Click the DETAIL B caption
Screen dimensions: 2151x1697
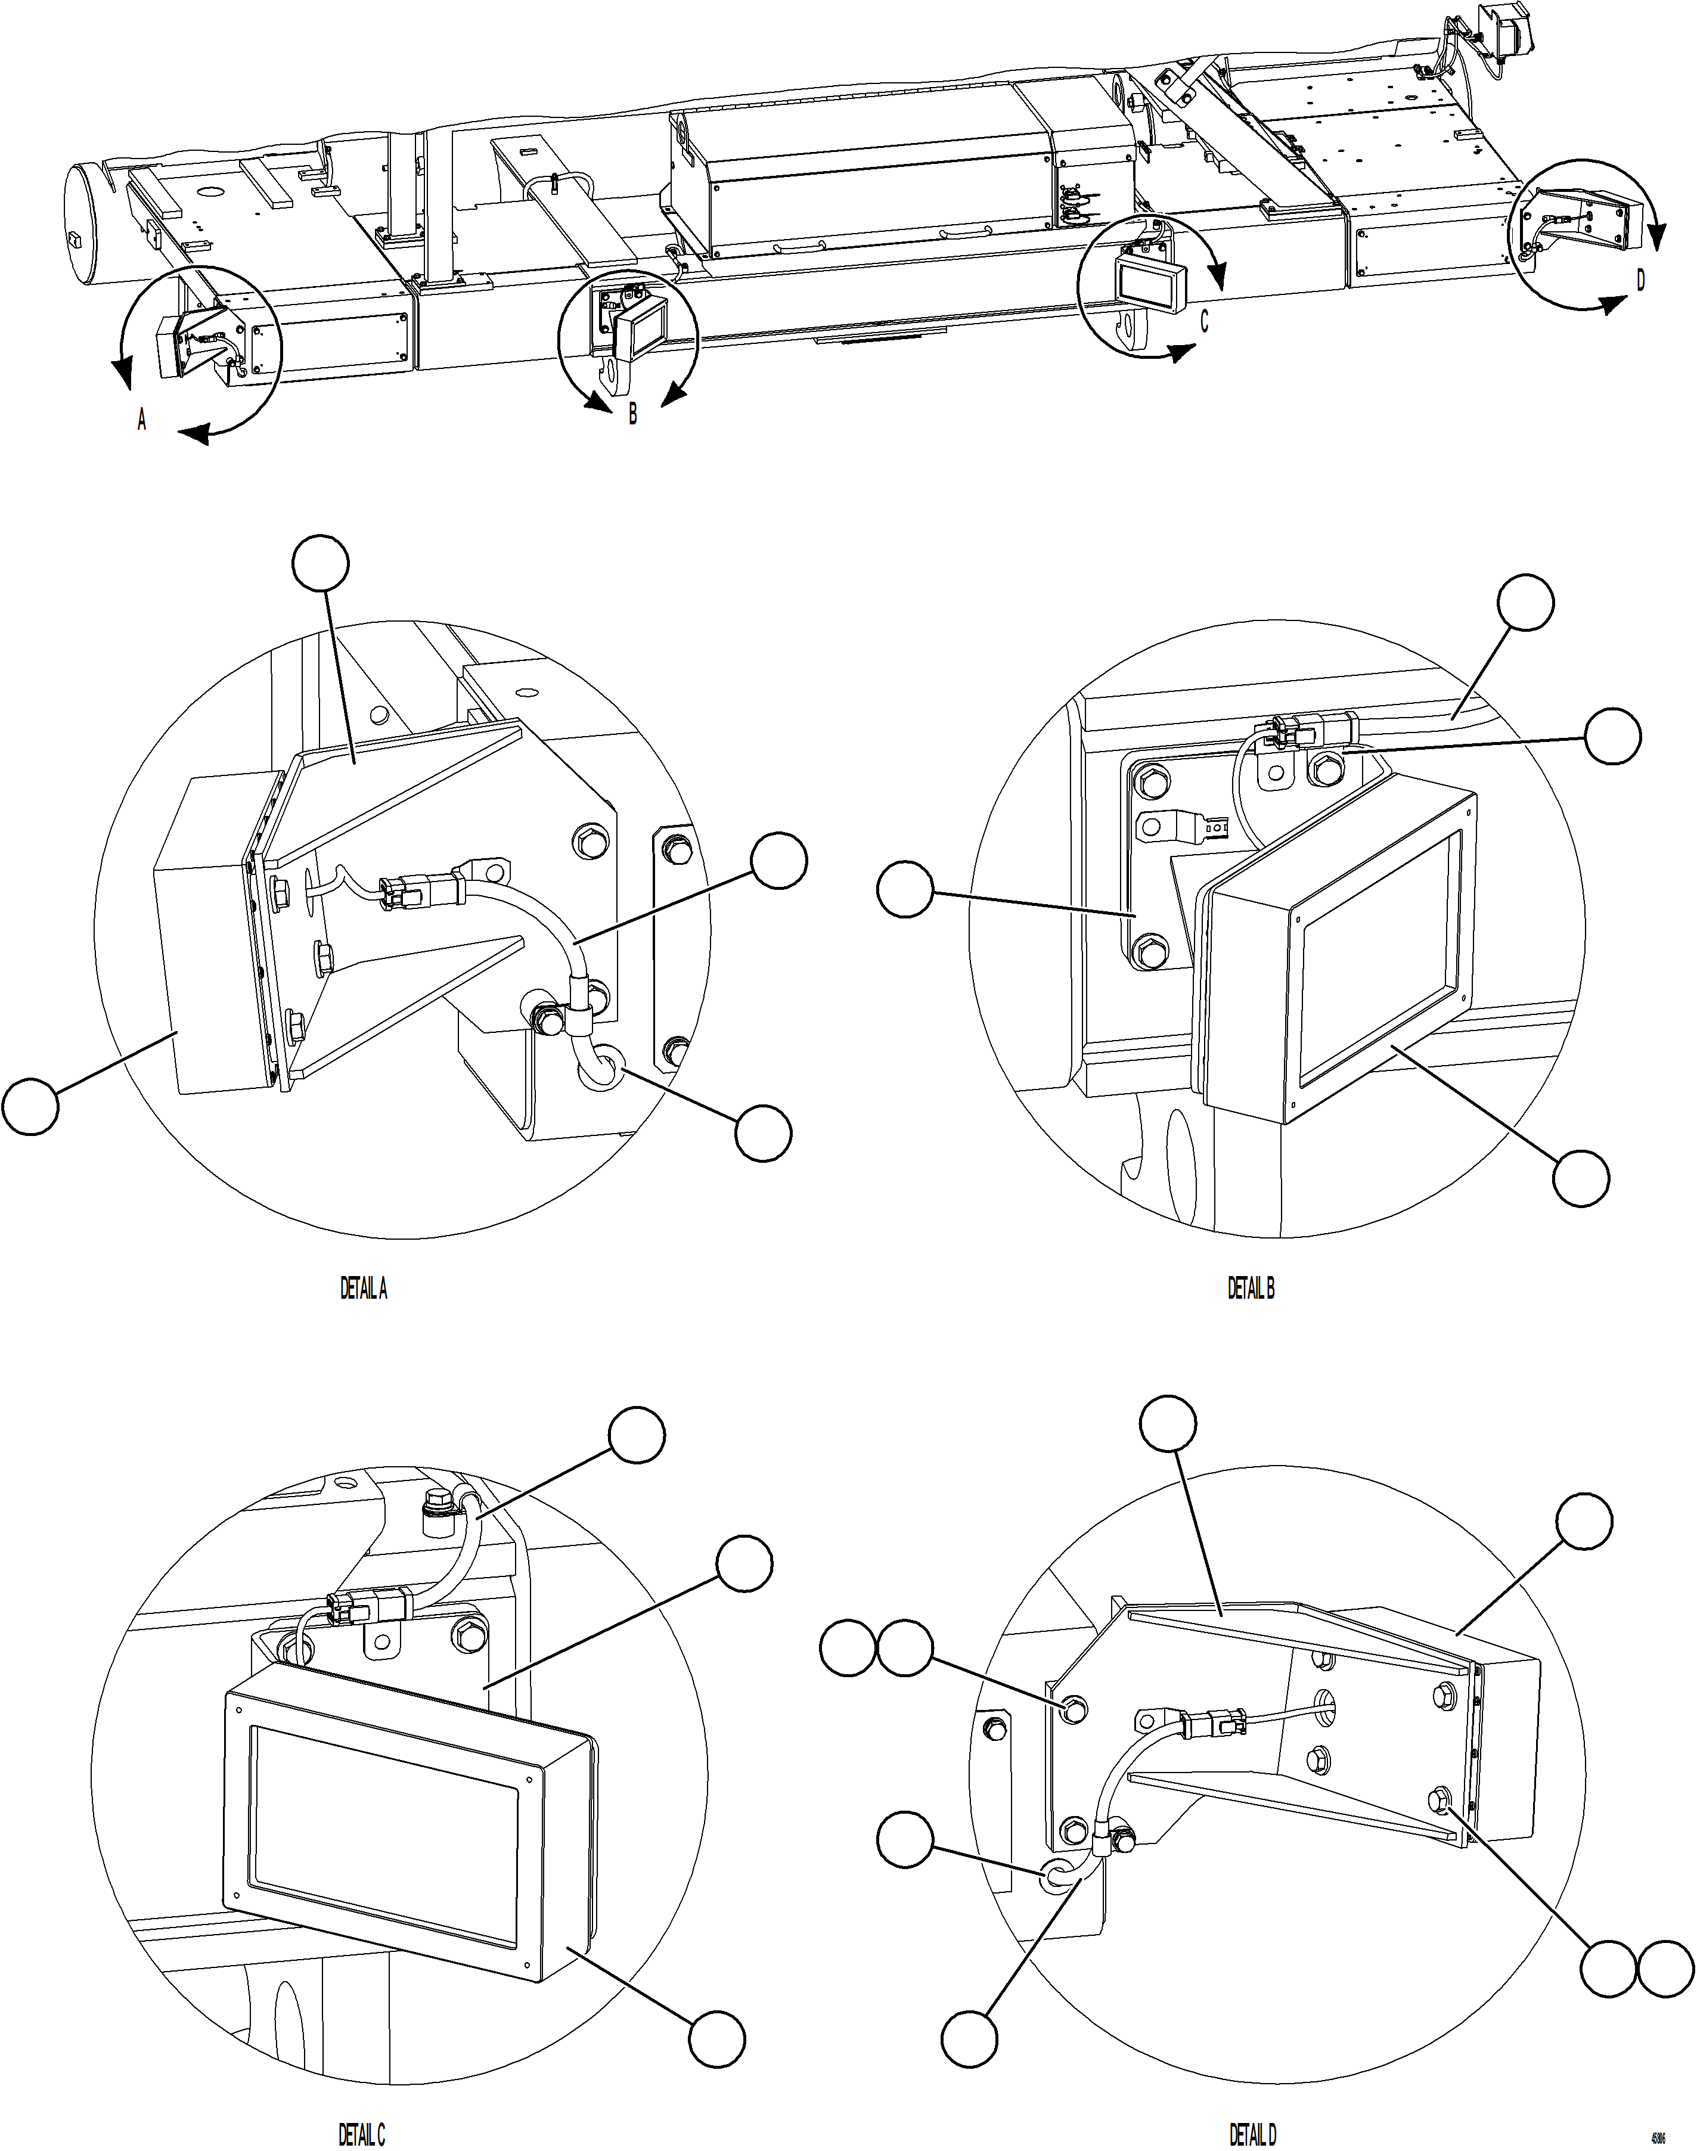1250,1290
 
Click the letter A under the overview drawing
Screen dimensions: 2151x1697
142,421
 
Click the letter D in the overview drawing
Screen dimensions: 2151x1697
1640,282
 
